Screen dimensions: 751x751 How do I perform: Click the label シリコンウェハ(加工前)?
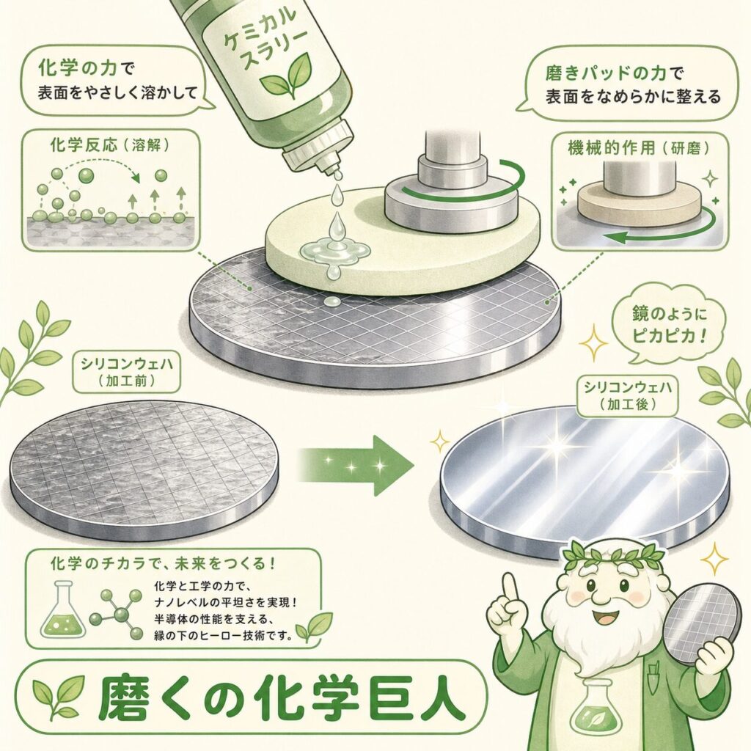(x=126, y=372)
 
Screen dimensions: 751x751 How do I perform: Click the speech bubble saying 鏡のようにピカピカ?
(x=669, y=326)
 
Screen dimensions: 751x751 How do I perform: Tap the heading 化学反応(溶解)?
(x=110, y=145)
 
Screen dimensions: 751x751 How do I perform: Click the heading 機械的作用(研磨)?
(x=639, y=147)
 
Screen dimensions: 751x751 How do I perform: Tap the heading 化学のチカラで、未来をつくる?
(x=164, y=563)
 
